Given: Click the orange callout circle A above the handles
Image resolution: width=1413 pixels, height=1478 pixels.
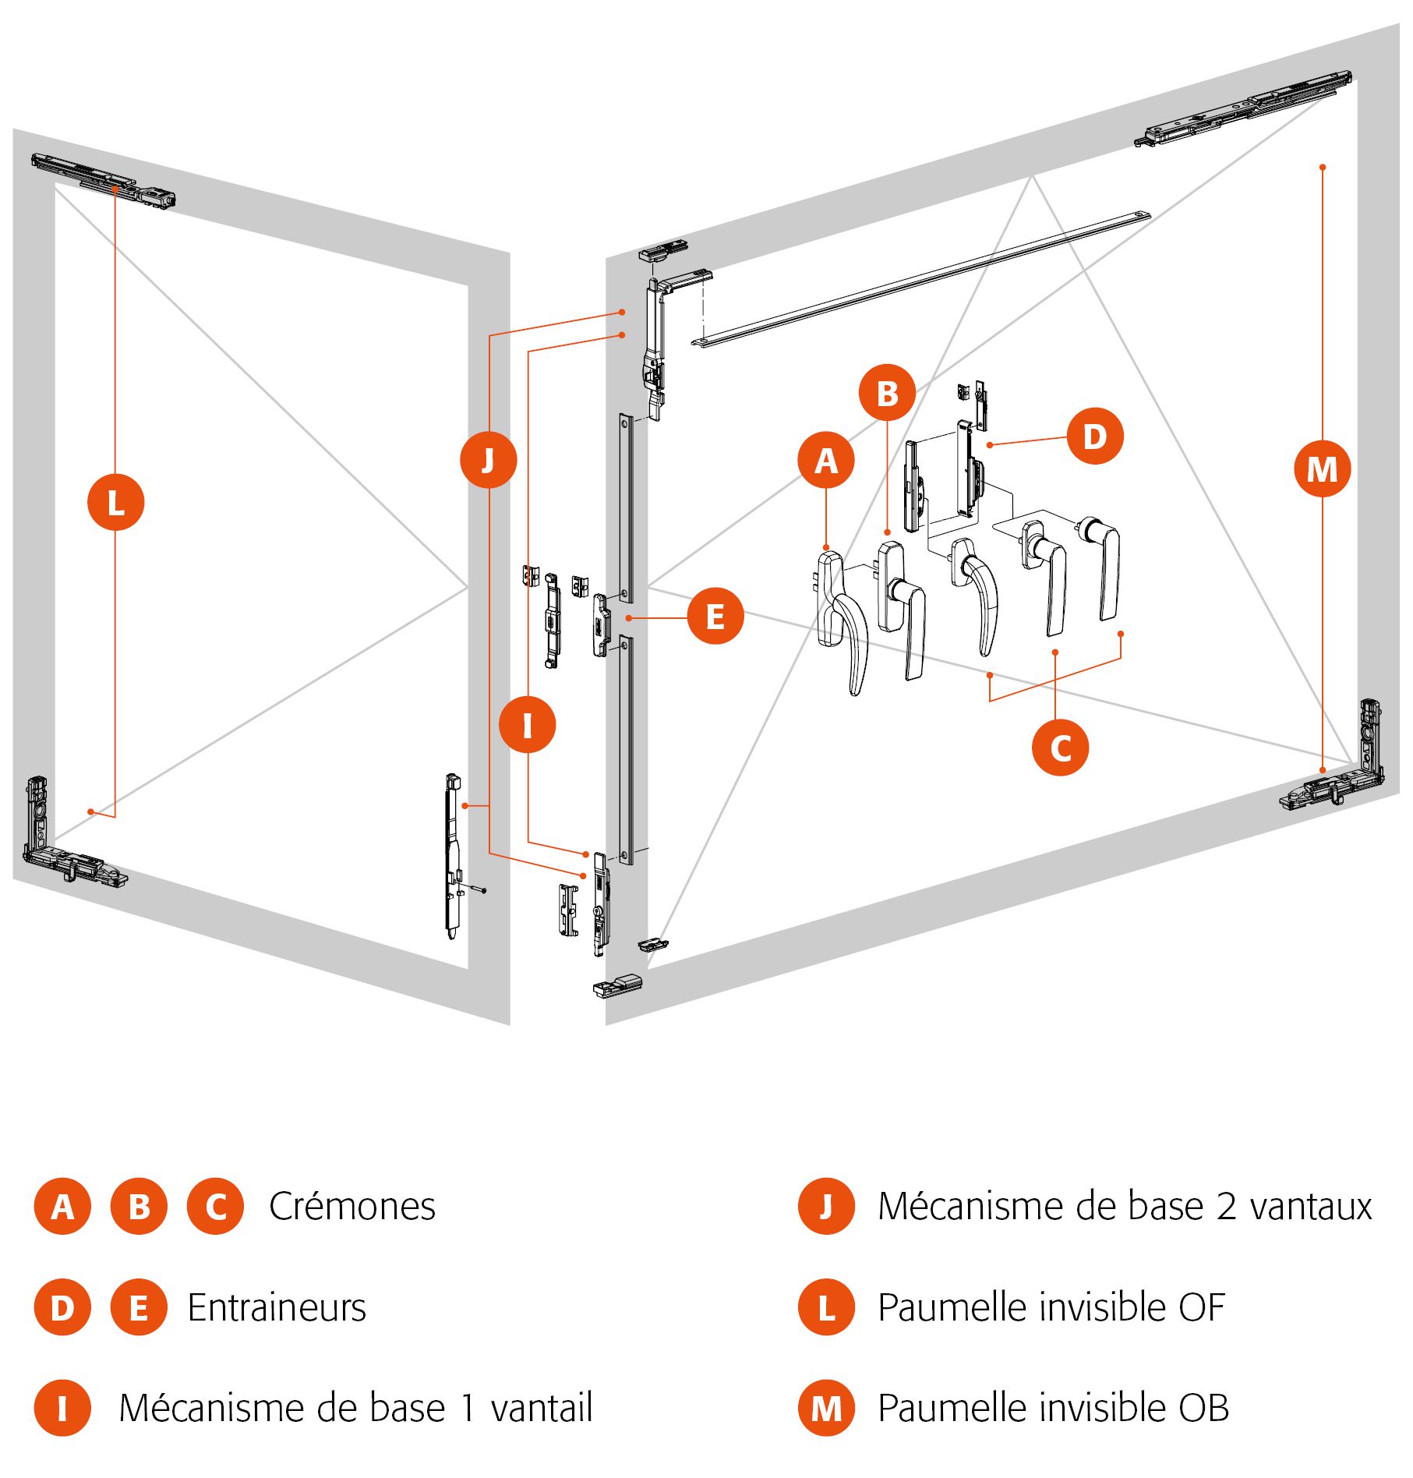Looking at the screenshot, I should point(825,460).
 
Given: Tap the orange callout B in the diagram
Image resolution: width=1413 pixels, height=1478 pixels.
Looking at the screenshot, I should point(887,393).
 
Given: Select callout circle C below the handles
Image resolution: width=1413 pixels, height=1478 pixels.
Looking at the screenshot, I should point(1060,748).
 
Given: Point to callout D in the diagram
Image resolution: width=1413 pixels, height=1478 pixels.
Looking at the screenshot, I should point(1094,436).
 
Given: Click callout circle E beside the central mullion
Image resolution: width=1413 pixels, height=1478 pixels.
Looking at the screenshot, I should point(715,616).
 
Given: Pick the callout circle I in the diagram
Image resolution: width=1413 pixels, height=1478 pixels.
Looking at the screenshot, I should point(528,725).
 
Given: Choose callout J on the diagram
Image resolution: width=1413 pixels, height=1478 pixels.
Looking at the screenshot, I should point(489,460).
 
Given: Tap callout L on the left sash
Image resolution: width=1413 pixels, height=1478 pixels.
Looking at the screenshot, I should point(115,502).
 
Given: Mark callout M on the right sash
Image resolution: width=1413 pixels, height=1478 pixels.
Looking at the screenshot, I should point(1322,469).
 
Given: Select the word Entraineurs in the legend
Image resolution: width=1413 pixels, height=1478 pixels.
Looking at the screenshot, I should point(277,1308).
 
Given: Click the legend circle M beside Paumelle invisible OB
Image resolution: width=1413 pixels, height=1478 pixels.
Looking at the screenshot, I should point(826,1409).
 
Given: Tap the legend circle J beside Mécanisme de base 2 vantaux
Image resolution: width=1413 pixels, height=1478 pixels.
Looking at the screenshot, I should point(826,1207).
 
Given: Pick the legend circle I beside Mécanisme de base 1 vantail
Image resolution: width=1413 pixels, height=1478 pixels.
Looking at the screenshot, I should point(62,1409).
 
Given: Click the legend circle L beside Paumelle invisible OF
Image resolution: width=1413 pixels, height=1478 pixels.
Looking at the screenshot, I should point(826,1307).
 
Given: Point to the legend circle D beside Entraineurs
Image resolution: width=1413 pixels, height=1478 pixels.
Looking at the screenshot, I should point(62,1307).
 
